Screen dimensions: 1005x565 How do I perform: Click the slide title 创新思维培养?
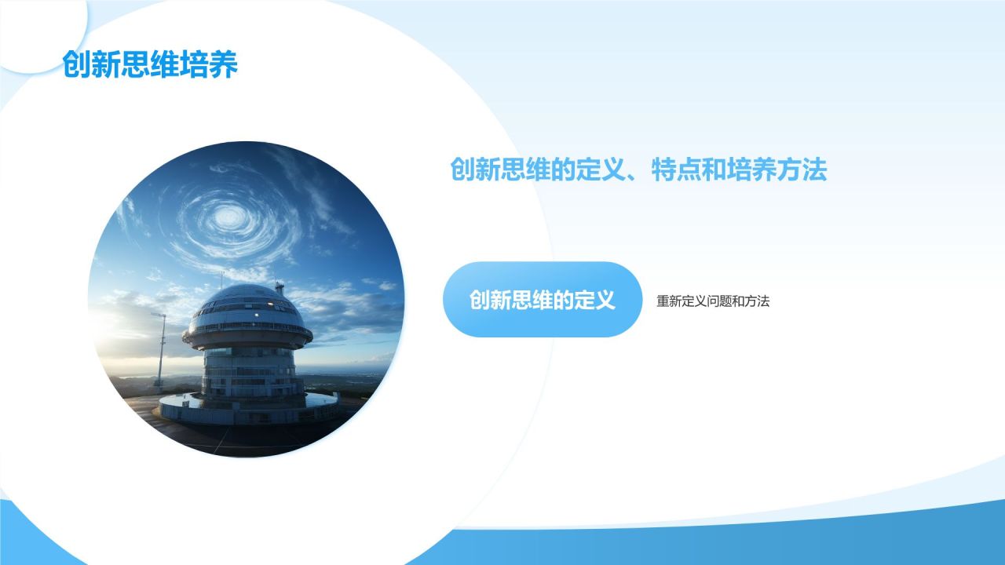pyautogui.click(x=150, y=64)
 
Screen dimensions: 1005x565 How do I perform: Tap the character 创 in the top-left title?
pyautogui.click(x=76, y=64)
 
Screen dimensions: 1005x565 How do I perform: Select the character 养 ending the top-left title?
pyautogui.click(x=224, y=64)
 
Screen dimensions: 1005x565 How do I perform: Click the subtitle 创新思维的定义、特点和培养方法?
pyautogui.click(x=638, y=169)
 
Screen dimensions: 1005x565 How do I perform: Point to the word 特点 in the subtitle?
pyautogui.click(x=676, y=169)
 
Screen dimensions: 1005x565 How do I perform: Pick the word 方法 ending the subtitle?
pyautogui.click(x=802, y=169)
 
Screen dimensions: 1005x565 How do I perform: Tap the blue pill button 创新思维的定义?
pyautogui.click(x=543, y=299)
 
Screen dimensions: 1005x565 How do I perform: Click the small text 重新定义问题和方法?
pyautogui.click(x=713, y=301)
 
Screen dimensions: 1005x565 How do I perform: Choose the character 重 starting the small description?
pyautogui.click(x=663, y=301)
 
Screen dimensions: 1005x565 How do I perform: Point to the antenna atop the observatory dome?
pyautogui.click(x=280, y=288)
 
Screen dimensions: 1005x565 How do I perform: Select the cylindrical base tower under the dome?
pyautogui.click(x=248, y=374)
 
